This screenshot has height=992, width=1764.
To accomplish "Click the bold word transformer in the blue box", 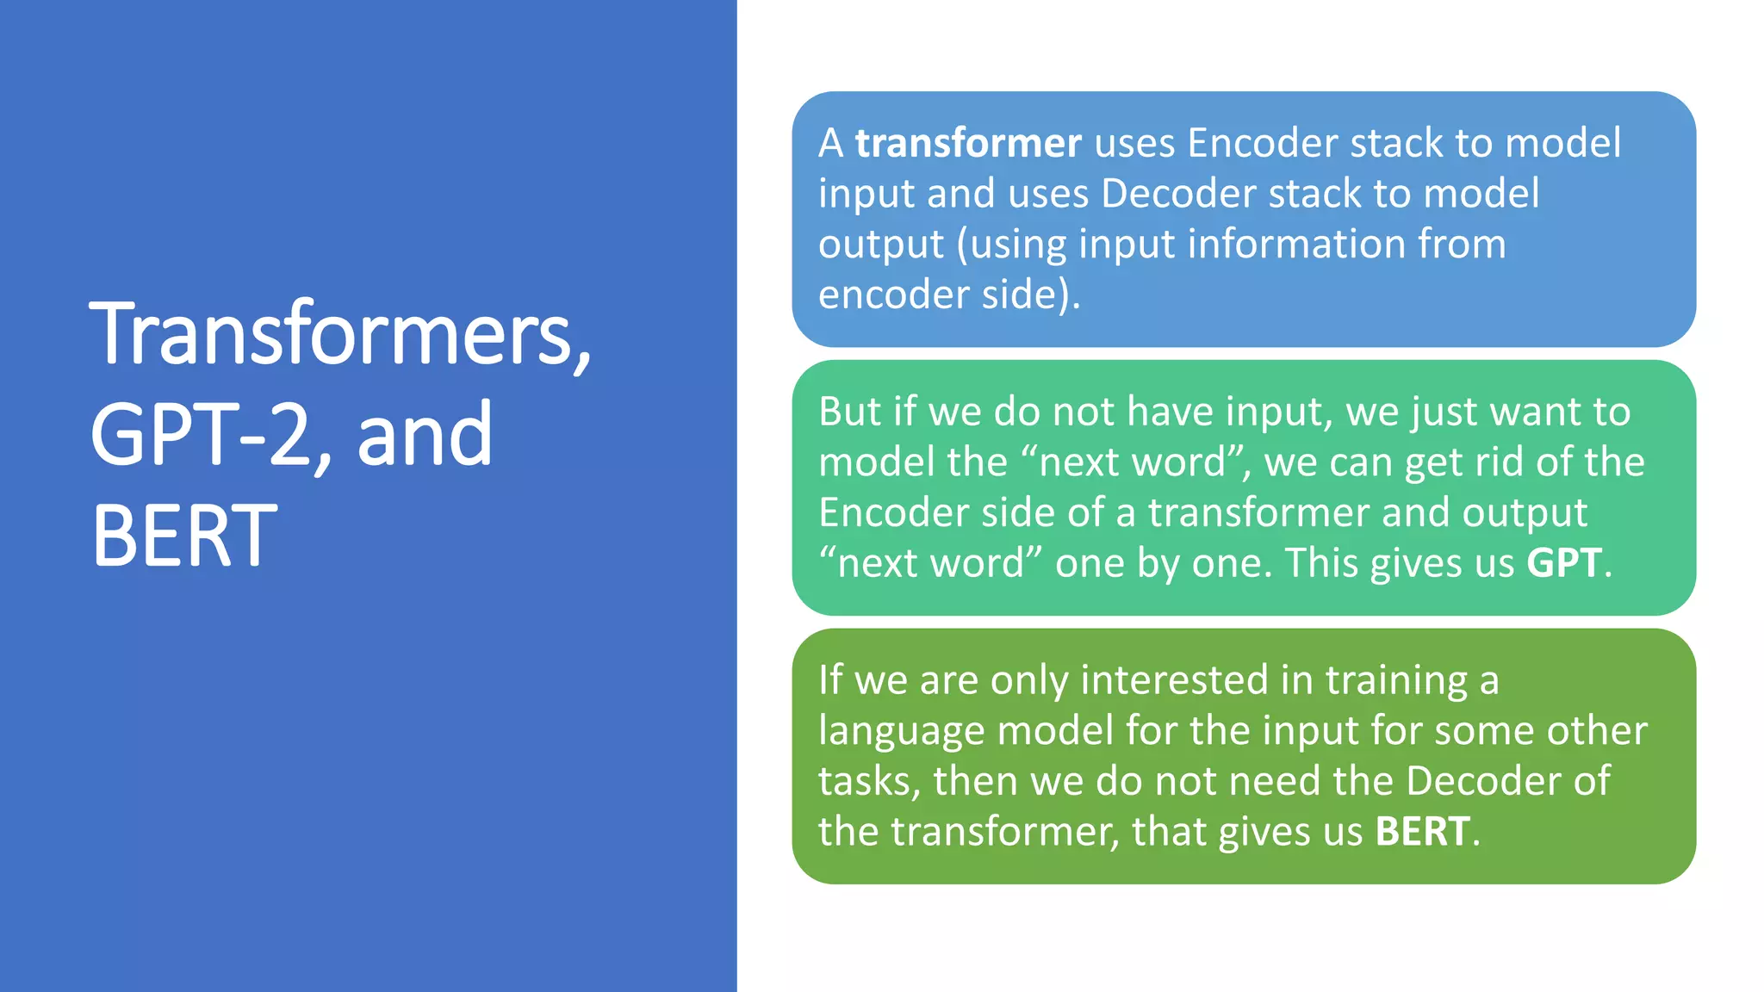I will pos(967,143).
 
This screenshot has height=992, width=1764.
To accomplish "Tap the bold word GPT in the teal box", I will pos(1563,564).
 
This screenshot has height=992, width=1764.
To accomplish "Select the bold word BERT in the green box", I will pos(1422,833).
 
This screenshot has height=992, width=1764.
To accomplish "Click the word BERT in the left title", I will pos(184,536).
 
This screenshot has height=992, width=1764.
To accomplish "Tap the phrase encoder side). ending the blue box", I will pos(948,295).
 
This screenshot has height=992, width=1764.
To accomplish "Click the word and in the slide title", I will pos(425,435).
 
